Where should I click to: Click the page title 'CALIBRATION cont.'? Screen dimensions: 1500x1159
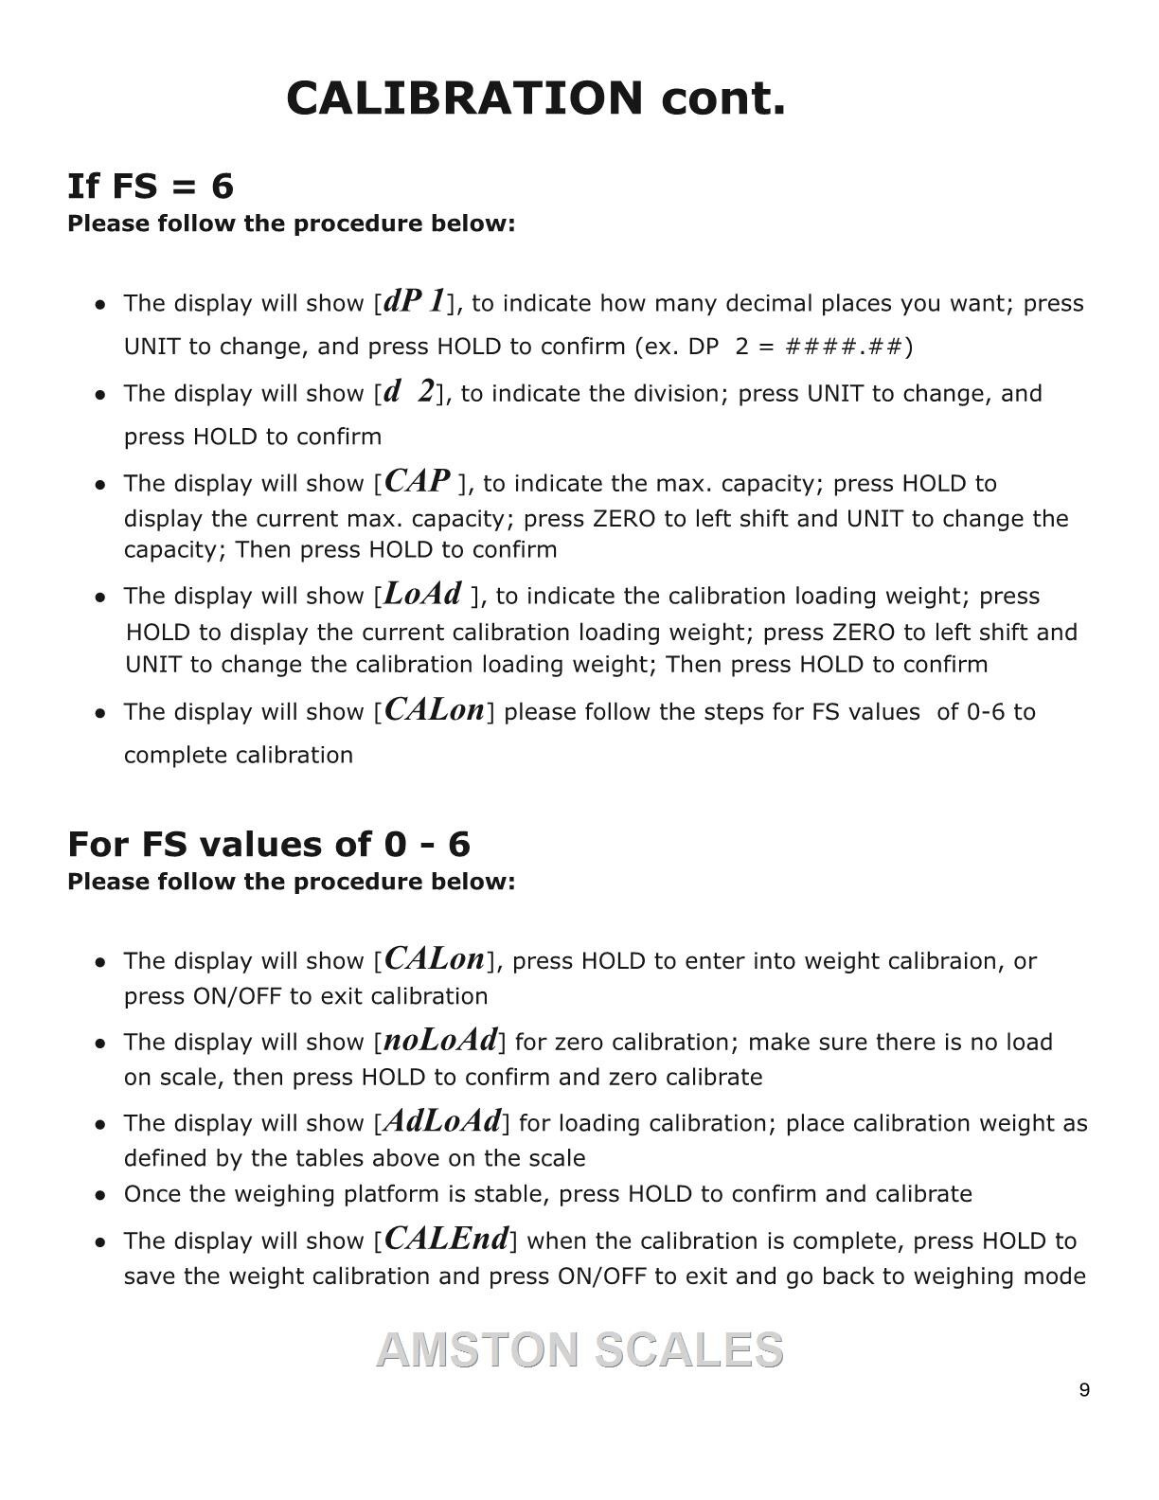click(536, 98)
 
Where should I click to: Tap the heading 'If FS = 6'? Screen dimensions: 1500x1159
click(151, 186)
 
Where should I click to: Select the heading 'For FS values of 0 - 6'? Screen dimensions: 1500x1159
click(269, 844)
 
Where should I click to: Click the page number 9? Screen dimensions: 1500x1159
click(1084, 1390)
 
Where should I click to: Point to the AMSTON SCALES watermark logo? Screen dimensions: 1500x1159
click(579, 1349)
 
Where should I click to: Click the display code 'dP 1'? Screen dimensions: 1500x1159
click(415, 301)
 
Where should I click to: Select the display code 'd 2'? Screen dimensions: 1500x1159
click(409, 391)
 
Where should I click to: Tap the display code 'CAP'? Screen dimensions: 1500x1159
click(418, 481)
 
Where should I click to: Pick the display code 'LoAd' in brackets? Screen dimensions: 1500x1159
click(424, 594)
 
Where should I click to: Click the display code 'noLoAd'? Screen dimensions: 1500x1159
click(440, 1040)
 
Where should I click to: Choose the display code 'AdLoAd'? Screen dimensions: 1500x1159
click(442, 1121)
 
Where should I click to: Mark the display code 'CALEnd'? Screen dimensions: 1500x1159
click(447, 1239)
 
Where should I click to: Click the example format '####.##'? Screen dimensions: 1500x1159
click(845, 347)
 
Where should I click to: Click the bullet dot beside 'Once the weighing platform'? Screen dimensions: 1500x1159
click(100, 1195)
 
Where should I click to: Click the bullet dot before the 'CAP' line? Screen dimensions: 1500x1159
click(100, 485)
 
